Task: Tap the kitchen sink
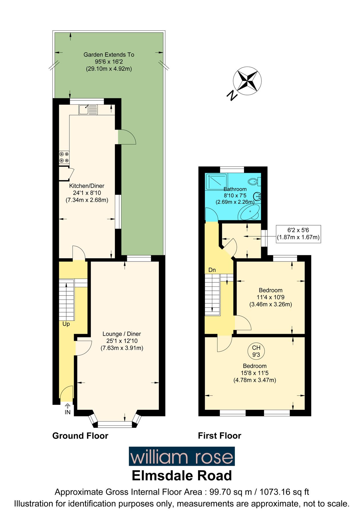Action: [88, 109]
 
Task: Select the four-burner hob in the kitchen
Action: [64, 157]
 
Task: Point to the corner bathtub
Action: [249, 212]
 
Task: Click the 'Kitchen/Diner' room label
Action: [87, 186]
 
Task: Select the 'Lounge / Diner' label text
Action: [122, 334]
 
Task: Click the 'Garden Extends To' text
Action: [109, 55]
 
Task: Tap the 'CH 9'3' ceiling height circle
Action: [256, 351]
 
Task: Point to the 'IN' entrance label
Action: [67, 412]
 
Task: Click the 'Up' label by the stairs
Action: [66, 324]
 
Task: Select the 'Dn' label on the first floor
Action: [212, 270]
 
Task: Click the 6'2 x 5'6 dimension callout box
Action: [298, 234]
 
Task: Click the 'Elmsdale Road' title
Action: [182, 476]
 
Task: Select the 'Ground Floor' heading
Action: [80, 436]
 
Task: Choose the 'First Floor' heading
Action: [219, 436]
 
